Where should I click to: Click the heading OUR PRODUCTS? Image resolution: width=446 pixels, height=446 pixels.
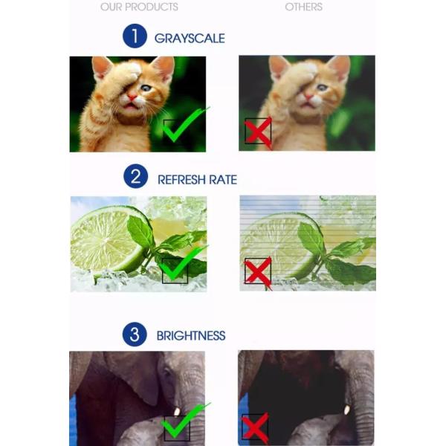140,7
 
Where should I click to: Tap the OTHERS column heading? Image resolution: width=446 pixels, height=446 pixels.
303,7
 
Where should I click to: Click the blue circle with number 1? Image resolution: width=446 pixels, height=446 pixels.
135,36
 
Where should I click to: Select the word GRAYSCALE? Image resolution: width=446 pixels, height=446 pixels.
190,39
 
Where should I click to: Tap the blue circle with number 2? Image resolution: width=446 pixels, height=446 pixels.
136,176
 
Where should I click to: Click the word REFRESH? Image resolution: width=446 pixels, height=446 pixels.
181,180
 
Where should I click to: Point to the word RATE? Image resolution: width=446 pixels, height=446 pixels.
223,180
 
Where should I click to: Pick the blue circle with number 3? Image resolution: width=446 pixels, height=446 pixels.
135,334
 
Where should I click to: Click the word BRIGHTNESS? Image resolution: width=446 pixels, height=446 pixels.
191,336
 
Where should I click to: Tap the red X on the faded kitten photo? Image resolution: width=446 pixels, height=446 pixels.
258,133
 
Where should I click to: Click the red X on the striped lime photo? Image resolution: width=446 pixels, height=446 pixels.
258,272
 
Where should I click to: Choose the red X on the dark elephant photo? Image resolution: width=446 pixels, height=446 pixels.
255,427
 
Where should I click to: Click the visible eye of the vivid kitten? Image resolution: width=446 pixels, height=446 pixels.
146,88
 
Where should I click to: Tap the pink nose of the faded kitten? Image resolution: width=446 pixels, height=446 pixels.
308,97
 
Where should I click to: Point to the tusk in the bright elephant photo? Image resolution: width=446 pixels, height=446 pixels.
177,411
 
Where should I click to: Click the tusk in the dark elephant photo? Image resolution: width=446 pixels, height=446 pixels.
347,410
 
